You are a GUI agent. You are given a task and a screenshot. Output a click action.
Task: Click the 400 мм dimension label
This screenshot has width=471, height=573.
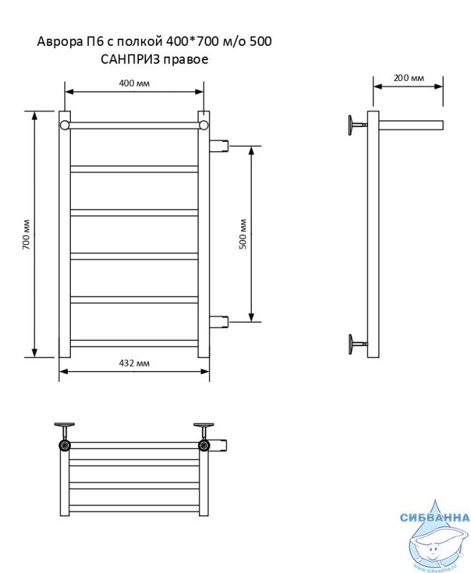(134, 83)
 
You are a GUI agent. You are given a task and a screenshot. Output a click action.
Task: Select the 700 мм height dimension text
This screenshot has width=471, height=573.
(26, 234)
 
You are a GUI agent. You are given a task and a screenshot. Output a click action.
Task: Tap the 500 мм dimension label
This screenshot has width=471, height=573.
(243, 234)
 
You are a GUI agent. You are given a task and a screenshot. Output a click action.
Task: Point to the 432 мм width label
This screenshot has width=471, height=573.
(134, 363)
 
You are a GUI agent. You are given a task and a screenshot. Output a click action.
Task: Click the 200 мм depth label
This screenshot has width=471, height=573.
(409, 78)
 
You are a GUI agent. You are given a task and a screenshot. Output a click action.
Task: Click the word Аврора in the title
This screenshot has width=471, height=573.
(59, 42)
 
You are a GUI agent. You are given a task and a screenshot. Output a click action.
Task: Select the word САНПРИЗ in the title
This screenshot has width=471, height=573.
(130, 59)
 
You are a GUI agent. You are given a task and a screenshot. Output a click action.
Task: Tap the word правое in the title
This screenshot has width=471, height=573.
(186, 60)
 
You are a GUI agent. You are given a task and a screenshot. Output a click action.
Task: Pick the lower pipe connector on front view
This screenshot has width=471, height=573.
(219, 322)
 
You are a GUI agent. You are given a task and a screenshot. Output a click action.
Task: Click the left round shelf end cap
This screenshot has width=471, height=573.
(64, 125)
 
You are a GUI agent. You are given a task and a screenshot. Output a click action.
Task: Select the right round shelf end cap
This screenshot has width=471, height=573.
(204, 125)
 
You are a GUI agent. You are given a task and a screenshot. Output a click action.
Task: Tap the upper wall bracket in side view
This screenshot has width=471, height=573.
(356, 125)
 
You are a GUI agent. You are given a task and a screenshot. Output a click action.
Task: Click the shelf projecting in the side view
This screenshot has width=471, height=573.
(411, 125)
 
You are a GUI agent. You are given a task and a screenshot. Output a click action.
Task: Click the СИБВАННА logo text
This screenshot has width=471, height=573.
(434, 517)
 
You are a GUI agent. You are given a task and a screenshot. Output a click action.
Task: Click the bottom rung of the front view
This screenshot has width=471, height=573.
(134, 344)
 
